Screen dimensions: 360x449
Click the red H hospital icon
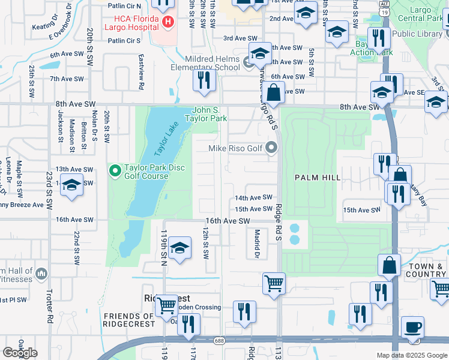point(168,22)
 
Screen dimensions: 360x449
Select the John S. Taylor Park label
point(209,114)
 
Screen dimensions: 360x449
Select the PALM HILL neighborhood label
point(318,178)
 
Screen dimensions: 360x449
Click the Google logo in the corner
point(20,353)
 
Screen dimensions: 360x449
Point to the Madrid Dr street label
point(257,244)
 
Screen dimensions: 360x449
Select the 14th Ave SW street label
point(253,197)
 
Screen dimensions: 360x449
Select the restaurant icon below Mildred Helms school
point(205,80)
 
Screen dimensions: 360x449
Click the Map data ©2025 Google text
point(411,355)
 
